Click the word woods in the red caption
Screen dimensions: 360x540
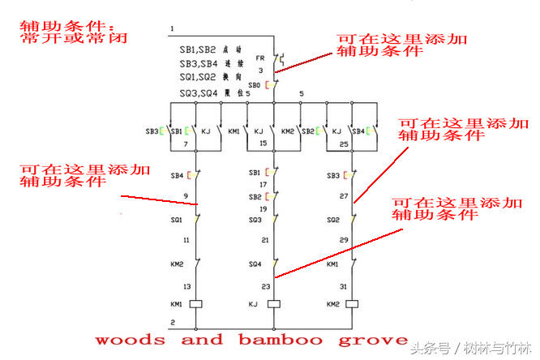[x=131, y=339]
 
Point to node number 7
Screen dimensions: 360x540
[x=186, y=144]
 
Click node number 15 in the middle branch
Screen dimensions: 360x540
[x=263, y=144]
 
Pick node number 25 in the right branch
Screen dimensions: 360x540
[x=344, y=144]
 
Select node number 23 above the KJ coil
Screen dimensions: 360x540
[x=264, y=286]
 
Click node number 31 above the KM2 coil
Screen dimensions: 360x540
[x=344, y=286]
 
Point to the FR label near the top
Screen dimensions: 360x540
[x=261, y=58]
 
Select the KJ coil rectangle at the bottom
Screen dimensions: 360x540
[x=274, y=304]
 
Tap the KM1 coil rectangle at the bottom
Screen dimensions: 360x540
[x=195, y=304]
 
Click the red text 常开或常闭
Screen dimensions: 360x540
[x=74, y=37]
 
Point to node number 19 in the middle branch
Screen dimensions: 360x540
[x=263, y=208]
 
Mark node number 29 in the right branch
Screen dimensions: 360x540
[x=344, y=241]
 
